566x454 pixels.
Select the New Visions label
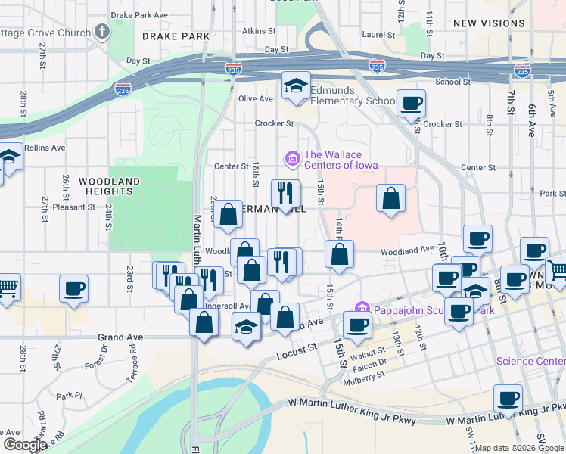coord(489,23)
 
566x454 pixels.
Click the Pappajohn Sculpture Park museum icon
coord(362,309)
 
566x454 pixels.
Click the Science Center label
coord(530,361)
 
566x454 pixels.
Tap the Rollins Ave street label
coord(45,148)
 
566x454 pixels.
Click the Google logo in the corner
coord(25,444)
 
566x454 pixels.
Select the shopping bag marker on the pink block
coord(390,199)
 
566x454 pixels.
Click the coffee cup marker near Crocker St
coord(411,104)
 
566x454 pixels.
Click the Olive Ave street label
coord(255,98)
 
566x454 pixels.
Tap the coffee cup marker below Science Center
coord(508,399)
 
